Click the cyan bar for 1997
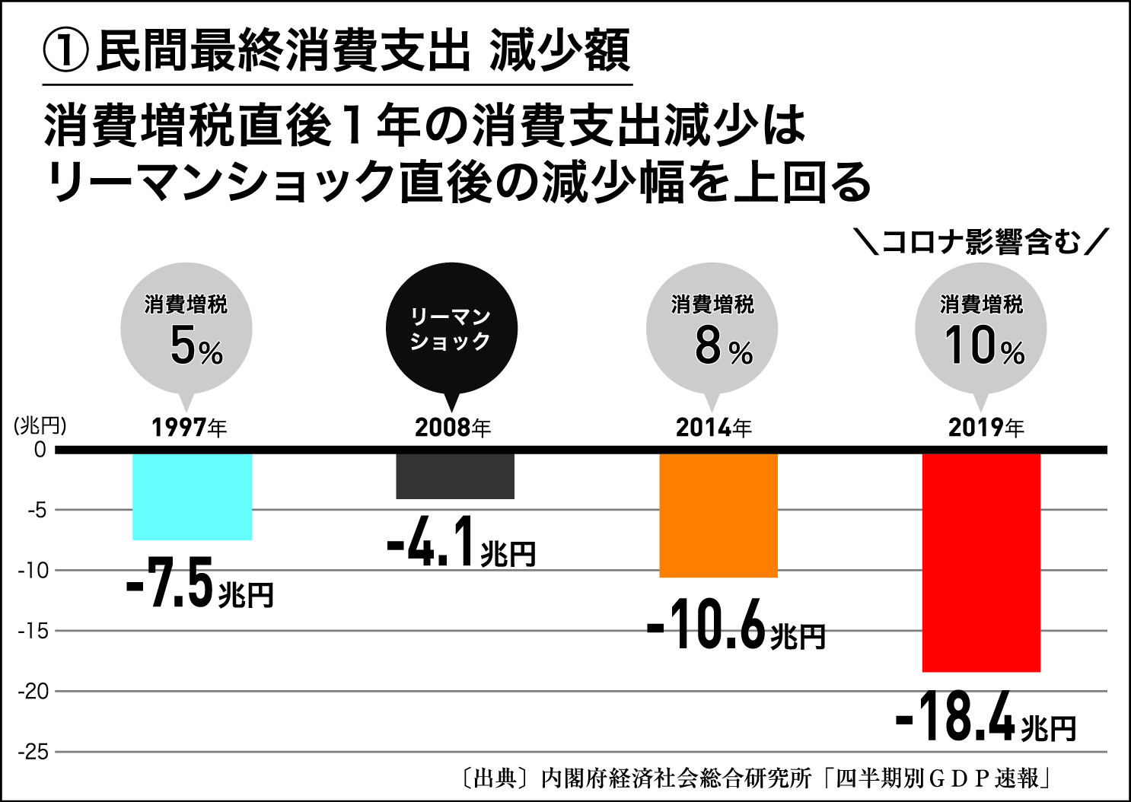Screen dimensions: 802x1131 [x=192, y=496]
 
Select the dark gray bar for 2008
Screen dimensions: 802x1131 [x=455, y=476]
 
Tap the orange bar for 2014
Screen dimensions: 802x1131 [x=718, y=515]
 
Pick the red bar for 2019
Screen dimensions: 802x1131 [x=981, y=562]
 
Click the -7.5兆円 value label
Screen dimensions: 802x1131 [x=200, y=584]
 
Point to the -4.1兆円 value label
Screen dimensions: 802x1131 [x=461, y=543]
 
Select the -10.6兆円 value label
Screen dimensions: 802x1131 [x=736, y=625]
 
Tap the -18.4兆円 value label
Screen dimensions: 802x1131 [x=986, y=717]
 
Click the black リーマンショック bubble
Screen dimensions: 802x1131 [x=452, y=329]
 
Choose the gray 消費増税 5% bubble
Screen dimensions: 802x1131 [x=186, y=329]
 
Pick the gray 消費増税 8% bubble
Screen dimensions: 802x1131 [x=712, y=329]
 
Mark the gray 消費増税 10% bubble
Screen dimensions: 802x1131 [x=981, y=329]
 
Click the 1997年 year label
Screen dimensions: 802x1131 [x=190, y=428]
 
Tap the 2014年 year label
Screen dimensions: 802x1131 [x=714, y=428]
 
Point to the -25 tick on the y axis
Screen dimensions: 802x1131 [x=33, y=752]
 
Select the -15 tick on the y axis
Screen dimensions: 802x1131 [x=33, y=631]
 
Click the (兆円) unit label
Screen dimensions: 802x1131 [x=40, y=425]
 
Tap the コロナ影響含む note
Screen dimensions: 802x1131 [x=981, y=243]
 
